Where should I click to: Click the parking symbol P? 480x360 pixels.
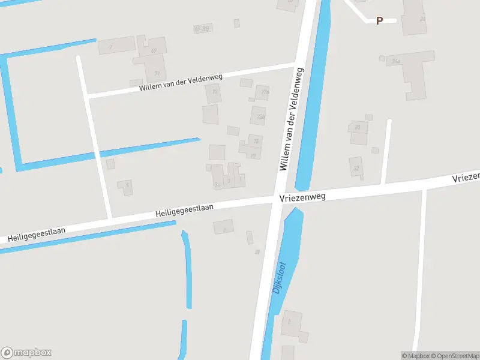pos(379,20)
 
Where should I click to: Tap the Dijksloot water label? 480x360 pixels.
pos(279,277)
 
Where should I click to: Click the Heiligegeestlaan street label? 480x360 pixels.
pos(185,210)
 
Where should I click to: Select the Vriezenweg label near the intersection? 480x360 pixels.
pos(302,197)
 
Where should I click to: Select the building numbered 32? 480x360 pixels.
pos(356,168)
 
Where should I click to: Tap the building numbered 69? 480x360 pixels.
pos(154,50)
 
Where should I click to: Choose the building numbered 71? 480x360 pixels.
pos(157,73)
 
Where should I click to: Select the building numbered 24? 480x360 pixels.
pos(422,19)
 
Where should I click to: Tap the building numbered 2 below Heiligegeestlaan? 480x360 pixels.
pos(224,228)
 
